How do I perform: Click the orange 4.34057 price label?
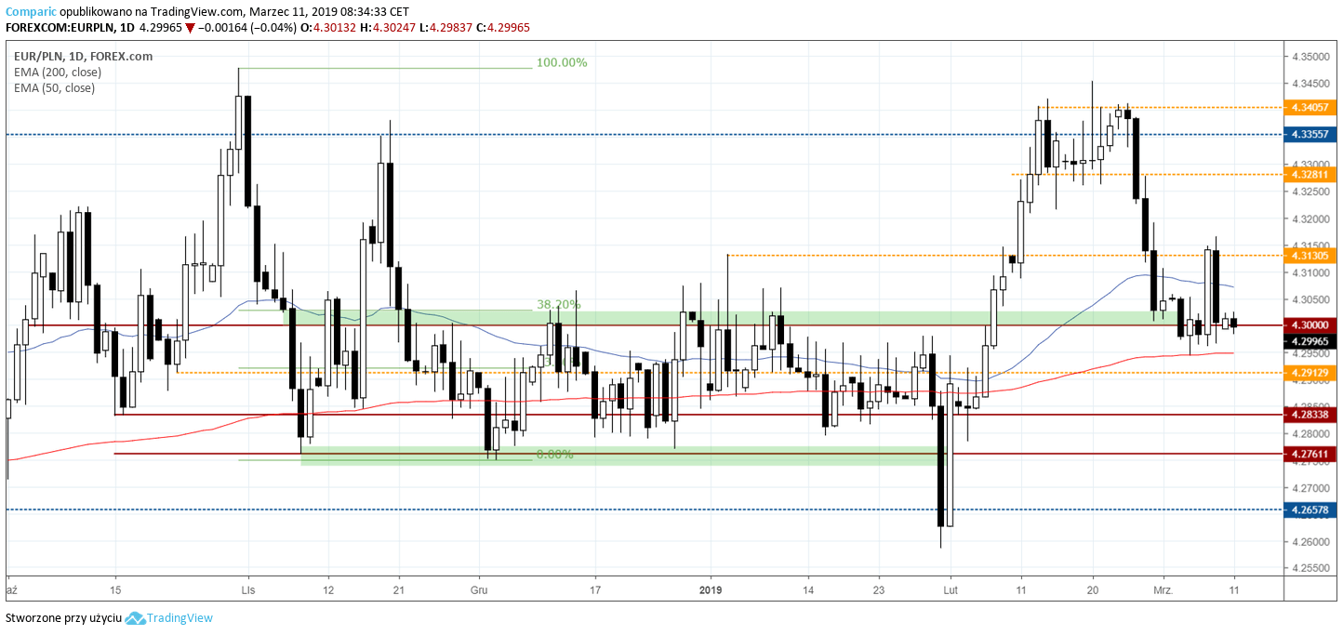click(1309, 107)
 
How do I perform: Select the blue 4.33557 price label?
click(1309, 135)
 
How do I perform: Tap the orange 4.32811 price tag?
click(1309, 174)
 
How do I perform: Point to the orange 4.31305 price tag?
click(1309, 255)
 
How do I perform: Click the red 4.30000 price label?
click(1309, 325)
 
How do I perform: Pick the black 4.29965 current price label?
click(1309, 341)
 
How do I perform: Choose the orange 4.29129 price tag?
click(1309, 372)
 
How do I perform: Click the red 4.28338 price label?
click(1309, 414)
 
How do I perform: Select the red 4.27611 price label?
click(1309, 454)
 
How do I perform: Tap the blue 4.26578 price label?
click(1309, 509)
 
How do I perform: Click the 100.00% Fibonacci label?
click(561, 62)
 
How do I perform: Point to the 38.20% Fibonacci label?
click(558, 304)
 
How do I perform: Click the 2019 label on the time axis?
click(710, 589)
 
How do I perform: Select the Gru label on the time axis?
click(479, 589)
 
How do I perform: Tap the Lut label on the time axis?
click(950, 589)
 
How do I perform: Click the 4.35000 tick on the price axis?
click(1309, 57)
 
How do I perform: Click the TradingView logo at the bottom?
click(169, 618)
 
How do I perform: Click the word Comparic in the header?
click(31, 12)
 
